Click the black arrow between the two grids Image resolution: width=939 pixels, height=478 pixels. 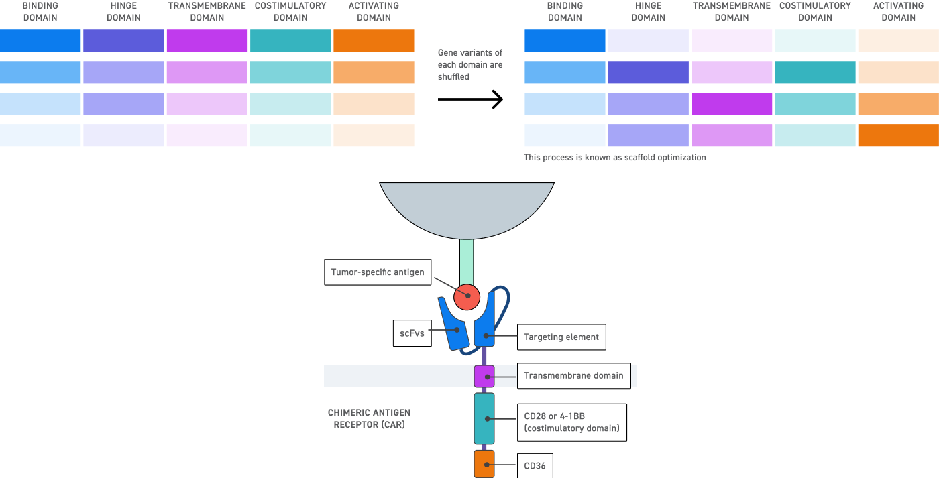pyautogui.click(x=469, y=100)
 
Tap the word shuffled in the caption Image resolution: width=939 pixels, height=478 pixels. pyautogui.click(x=453, y=77)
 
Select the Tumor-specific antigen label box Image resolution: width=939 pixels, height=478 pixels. pyautogui.click(x=378, y=272)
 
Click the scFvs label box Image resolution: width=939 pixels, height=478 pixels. pyautogui.click(x=412, y=333)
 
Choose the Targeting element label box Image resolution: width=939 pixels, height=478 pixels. pyautogui.click(x=561, y=337)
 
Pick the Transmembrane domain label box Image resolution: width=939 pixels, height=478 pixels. pyautogui.click(x=573, y=376)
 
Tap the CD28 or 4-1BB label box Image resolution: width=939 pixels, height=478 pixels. pyautogui.click(x=571, y=422)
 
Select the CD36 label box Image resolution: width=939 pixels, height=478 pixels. pyautogui.click(x=535, y=466)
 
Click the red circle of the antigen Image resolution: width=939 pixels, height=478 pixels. pyautogui.click(x=467, y=296)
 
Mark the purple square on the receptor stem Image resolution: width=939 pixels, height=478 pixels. pyautogui.click(x=484, y=377)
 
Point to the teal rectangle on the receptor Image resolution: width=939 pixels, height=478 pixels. pyautogui.click(x=484, y=418)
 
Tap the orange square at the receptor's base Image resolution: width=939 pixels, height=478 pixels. pyautogui.click(x=484, y=464)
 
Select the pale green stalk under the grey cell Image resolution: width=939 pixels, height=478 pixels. pyautogui.click(x=467, y=261)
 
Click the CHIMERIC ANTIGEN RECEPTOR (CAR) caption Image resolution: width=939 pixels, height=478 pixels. pyautogui.click(x=369, y=419)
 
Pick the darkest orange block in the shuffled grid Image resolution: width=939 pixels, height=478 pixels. pyautogui.click(x=898, y=135)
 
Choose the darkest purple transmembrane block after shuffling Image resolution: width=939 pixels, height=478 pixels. pyautogui.click(x=731, y=103)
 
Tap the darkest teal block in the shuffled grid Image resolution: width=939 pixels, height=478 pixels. pyautogui.click(x=815, y=72)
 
